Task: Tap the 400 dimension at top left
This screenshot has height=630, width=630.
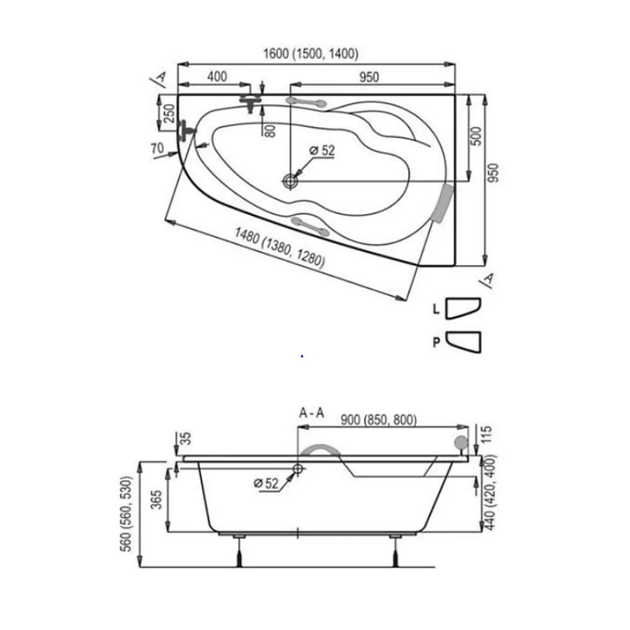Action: point(217,77)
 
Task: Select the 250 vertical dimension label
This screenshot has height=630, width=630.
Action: point(169,113)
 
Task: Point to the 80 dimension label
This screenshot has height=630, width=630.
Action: point(271,130)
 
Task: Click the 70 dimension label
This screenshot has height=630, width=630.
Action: point(157,149)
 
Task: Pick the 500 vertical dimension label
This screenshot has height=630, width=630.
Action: point(476,136)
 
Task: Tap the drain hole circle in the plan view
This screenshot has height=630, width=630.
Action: point(290,181)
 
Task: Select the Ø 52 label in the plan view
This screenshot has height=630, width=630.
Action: point(322,151)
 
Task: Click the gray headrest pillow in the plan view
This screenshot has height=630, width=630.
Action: point(443,203)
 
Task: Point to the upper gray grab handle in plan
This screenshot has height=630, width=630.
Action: point(306,102)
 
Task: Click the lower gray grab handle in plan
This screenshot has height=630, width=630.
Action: point(310,226)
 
